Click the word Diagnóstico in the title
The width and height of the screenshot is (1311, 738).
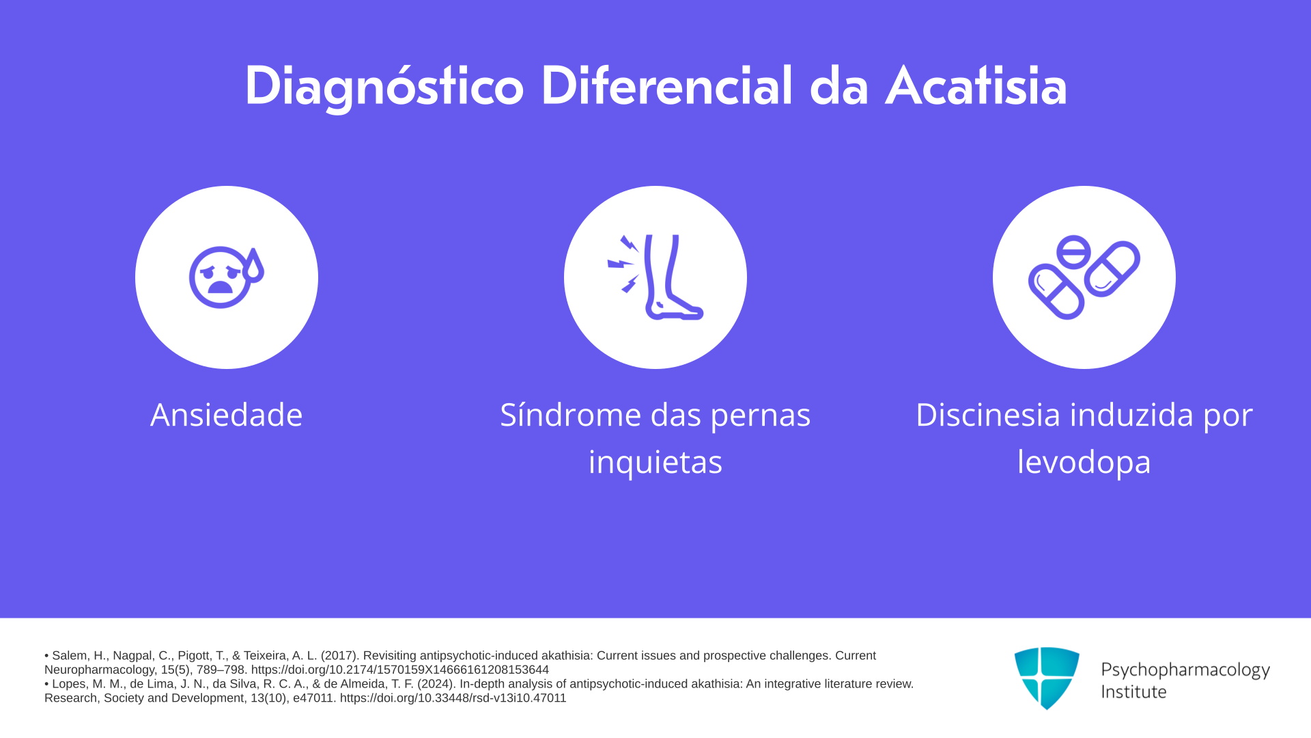384,87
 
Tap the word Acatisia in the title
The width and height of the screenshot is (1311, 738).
976,87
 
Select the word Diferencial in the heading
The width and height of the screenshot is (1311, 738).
667,86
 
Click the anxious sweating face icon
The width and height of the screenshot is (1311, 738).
226,277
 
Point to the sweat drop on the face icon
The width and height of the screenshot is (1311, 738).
253,266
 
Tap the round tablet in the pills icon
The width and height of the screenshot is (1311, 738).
1073,251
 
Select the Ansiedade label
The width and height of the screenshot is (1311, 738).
226,415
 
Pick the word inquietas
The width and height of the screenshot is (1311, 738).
655,462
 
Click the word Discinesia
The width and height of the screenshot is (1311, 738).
987,415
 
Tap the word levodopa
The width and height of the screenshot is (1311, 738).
1084,462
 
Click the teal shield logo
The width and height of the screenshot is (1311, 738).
1047,678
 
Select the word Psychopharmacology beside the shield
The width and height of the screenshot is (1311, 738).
1185,670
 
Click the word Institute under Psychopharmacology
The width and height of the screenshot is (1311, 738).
1133,692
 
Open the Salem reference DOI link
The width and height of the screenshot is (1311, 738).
400,670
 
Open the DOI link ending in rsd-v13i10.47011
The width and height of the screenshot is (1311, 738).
453,698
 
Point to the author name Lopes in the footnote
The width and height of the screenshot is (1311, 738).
70,684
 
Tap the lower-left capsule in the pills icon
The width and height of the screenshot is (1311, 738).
1056,292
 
